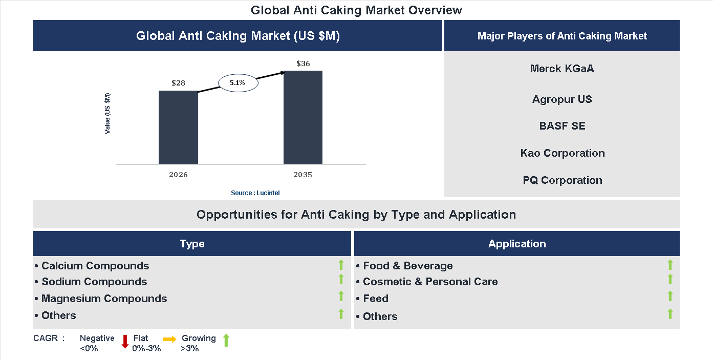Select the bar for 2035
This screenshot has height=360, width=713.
pos(303,117)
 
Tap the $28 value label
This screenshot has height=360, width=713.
pos(178,83)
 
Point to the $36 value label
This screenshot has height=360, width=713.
pos(303,63)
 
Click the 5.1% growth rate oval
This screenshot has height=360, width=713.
pos(238,82)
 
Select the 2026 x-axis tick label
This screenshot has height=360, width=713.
pos(178,175)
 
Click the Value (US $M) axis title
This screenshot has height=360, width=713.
pos(107,113)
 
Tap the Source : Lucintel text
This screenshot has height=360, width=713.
pos(255,193)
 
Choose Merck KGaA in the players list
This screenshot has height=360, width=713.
pos(562,69)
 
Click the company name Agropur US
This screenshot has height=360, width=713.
pos(562,99)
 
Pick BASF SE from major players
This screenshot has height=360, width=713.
pos(562,126)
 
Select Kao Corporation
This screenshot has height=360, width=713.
pos(562,153)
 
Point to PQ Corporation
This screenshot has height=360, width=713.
pos(562,180)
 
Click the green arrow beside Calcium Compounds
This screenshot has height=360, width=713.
pos(341,265)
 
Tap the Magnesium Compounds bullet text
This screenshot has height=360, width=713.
pos(104,299)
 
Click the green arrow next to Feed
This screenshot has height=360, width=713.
pos(670,297)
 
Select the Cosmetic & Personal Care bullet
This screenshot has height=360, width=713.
pos(430,282)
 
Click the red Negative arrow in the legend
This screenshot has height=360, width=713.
pos(125,342)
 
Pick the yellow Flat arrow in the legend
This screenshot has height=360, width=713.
pos(169,340)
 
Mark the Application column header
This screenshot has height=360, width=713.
pos(516,244)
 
